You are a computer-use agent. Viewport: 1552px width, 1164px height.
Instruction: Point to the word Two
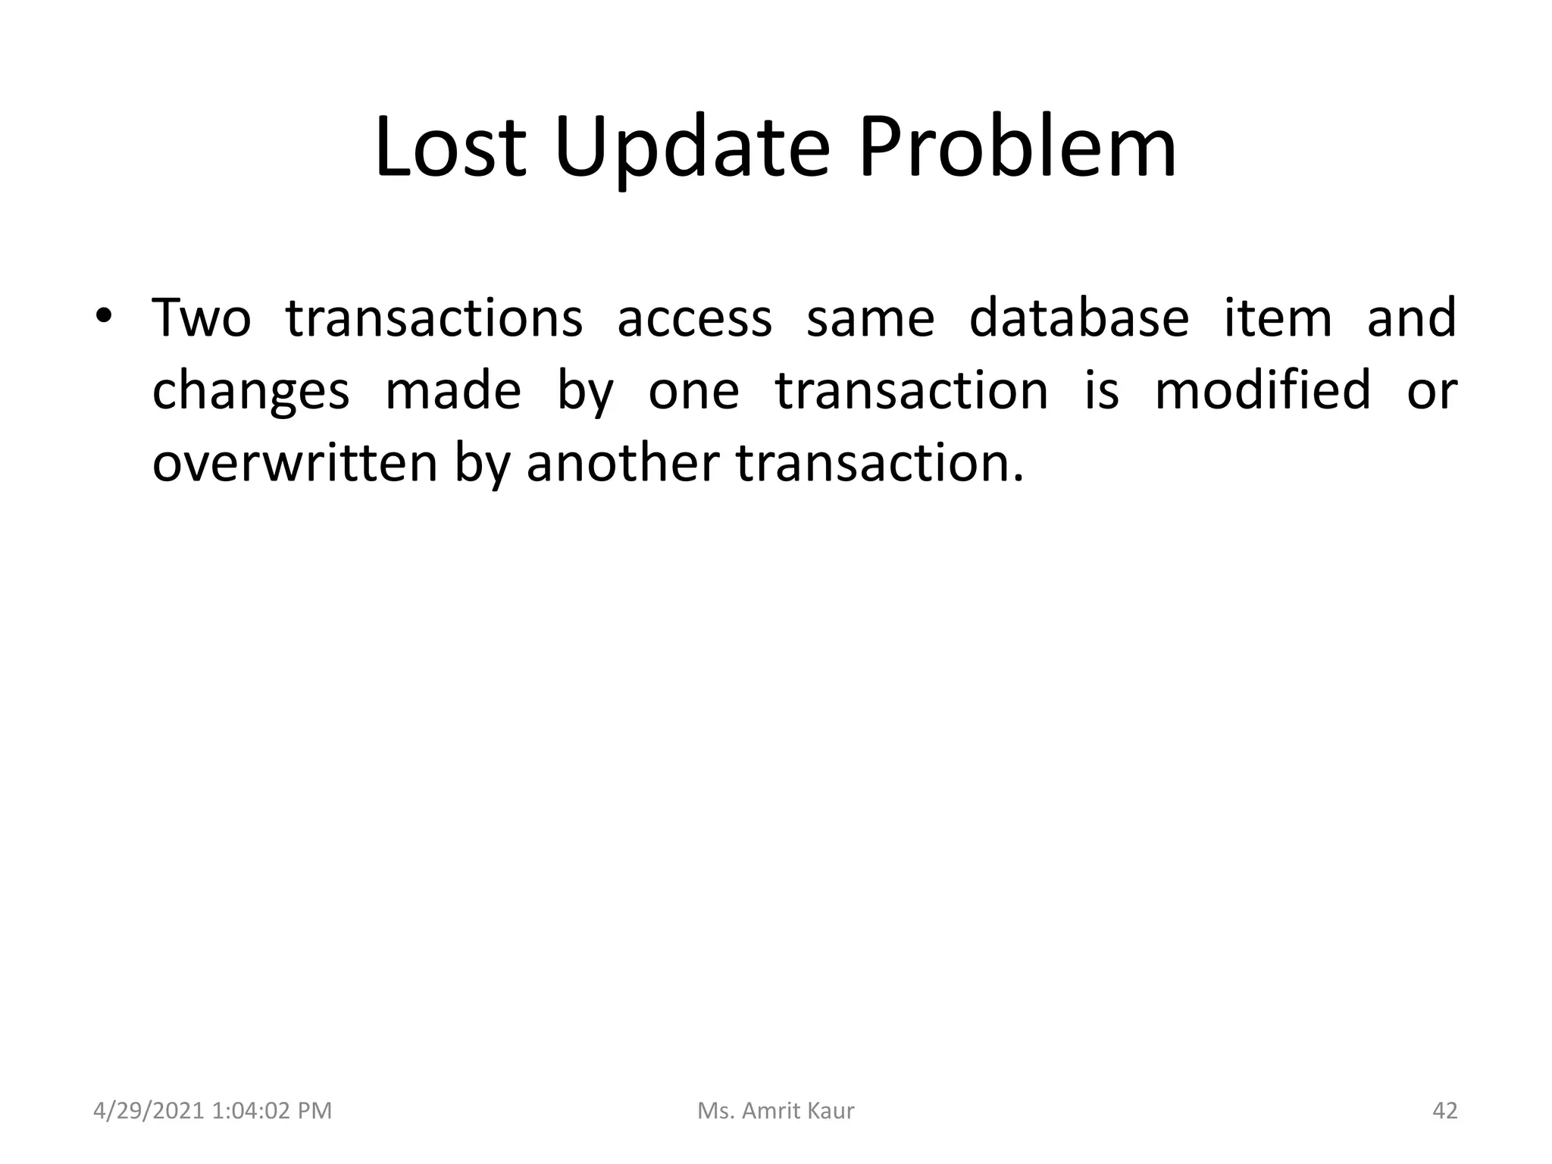202,318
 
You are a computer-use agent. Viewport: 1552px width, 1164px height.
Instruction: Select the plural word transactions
434,318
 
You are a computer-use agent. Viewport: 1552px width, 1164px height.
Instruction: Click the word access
694,318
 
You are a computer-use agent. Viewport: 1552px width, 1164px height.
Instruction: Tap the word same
870,318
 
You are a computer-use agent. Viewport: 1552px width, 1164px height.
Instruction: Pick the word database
1079,318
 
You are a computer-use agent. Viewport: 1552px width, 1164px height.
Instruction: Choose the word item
1278,318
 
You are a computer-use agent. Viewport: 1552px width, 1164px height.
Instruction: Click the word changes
251,391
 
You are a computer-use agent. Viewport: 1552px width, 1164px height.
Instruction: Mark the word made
453,391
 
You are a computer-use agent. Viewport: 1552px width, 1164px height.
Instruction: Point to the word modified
1263,391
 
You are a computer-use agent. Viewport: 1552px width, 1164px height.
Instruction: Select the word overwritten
295,463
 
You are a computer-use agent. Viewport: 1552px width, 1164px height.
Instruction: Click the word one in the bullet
693,391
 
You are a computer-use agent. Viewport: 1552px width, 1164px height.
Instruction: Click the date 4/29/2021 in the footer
149,1111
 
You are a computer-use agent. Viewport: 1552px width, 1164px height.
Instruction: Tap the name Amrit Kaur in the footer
797,1111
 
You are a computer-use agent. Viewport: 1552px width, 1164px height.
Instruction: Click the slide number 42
1445,1111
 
